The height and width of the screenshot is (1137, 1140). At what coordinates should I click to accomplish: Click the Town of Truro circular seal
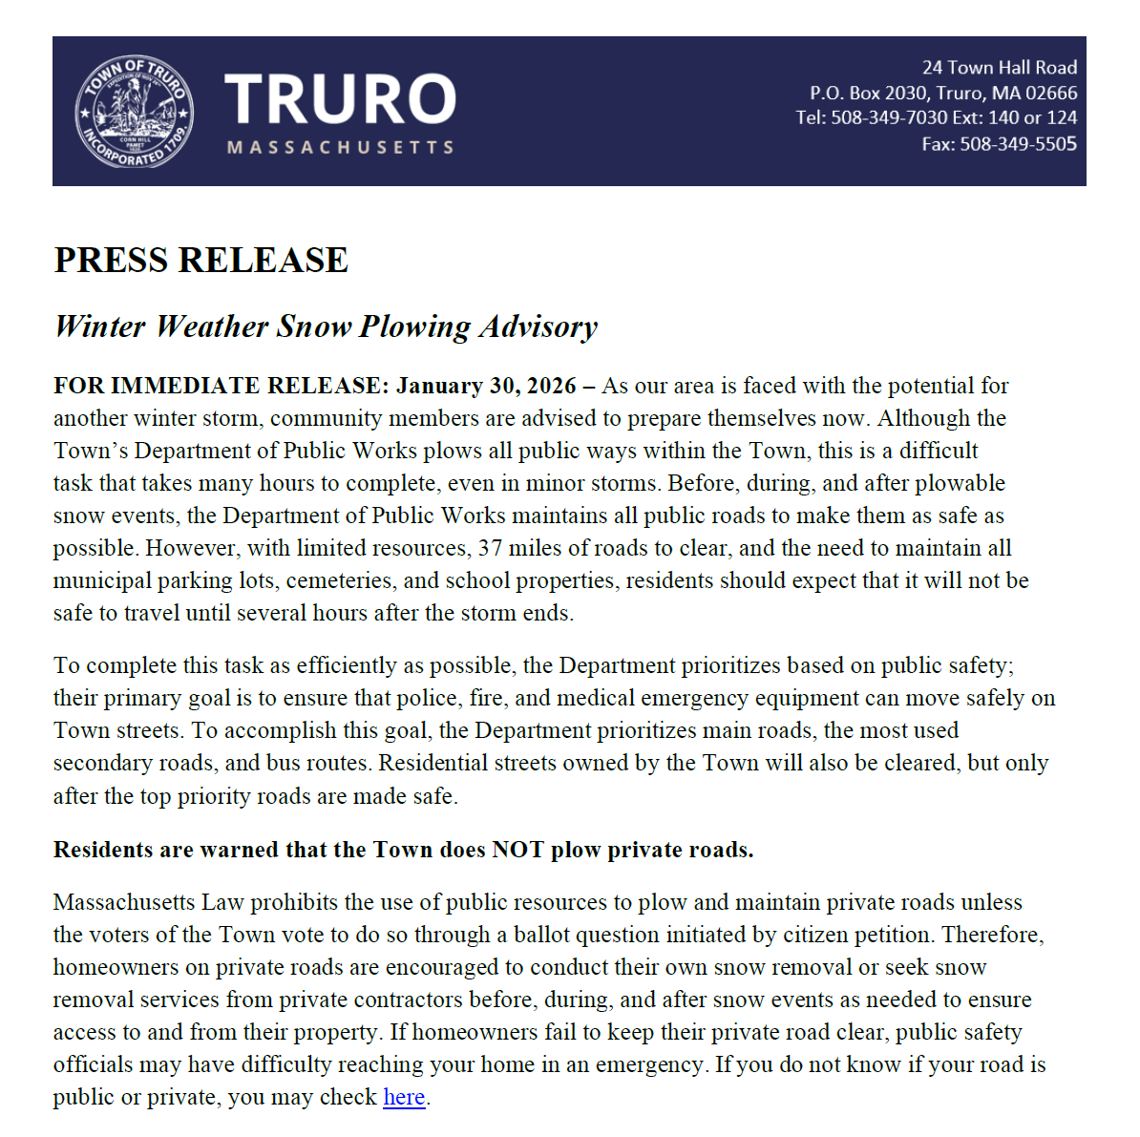coord(135,111)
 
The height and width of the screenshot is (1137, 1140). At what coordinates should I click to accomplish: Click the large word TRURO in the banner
coord(341,99)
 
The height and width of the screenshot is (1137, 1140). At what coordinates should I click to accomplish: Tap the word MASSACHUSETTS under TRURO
coord(341,148)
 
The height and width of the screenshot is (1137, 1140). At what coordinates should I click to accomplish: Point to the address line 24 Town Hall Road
coord(999,68)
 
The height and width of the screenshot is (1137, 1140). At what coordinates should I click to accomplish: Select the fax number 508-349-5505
coord(1018,144)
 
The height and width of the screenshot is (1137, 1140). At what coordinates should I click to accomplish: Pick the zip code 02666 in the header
coord(1051,94)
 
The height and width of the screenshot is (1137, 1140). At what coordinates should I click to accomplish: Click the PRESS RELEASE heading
coord(201,261)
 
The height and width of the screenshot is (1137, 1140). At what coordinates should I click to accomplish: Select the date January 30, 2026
coord(486,386)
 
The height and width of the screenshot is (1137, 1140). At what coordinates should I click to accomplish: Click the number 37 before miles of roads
coord(490,548)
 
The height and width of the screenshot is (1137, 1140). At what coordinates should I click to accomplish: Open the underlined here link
coord(404,1098)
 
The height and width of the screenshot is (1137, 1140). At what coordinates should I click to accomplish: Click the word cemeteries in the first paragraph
coord(344,580)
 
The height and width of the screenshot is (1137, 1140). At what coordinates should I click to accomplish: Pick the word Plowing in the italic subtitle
coord(415,326)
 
